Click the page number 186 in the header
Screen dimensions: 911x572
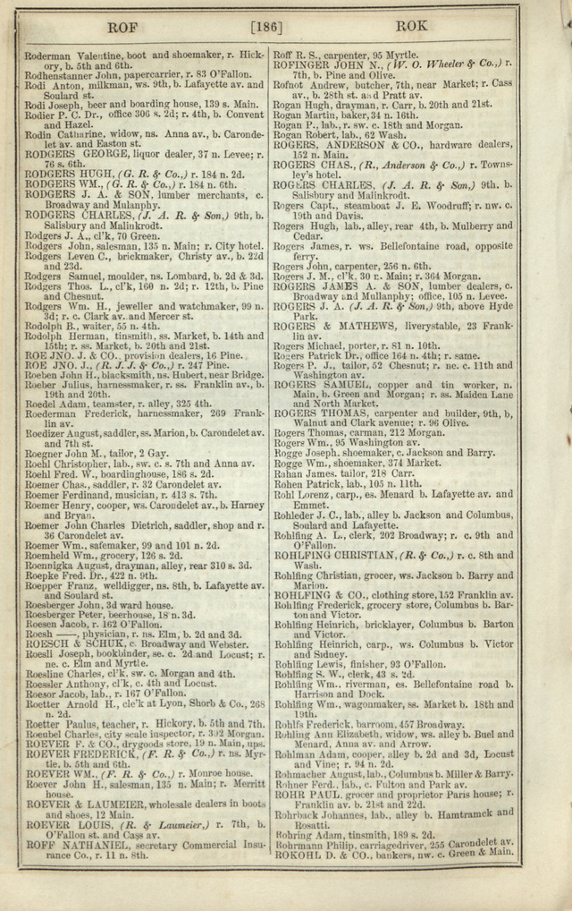(x=267, y=27)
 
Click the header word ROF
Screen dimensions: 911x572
(x=122, y=28)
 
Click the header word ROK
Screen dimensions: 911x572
(x=410, y=28)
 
